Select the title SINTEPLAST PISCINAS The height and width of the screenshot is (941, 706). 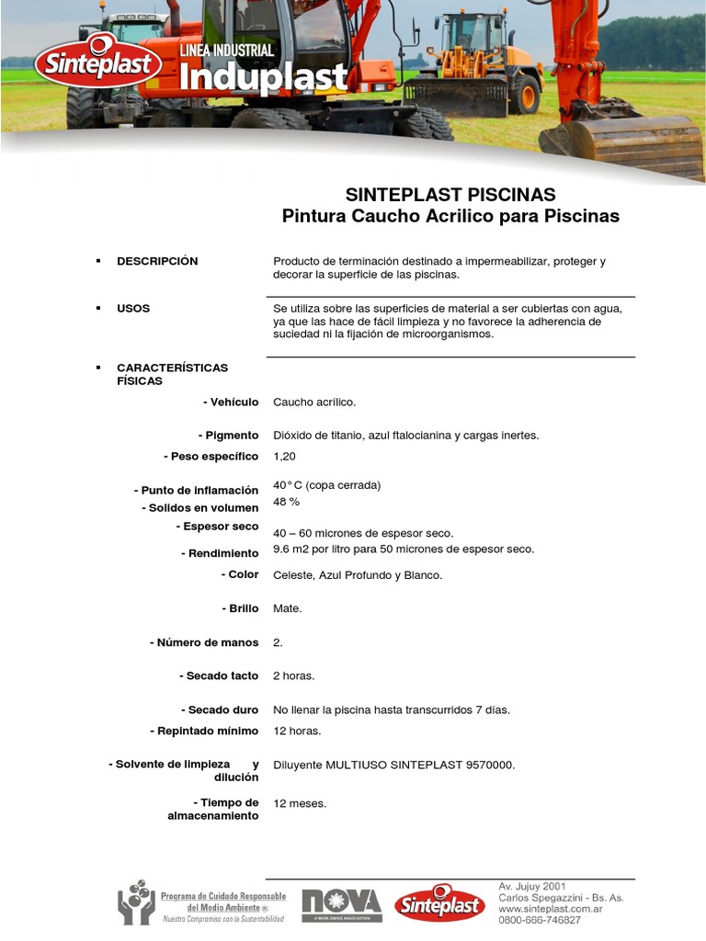(450, 195)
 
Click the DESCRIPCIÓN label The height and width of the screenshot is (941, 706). (157, 261)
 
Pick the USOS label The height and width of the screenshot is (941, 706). (133, 308)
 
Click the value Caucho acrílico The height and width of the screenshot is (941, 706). (314, 402)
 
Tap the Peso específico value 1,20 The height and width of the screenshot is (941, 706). (285, 456)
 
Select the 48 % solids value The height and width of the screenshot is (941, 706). (287, 502)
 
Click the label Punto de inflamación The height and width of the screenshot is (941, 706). (196, 491)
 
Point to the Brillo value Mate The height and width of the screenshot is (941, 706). (288, 608)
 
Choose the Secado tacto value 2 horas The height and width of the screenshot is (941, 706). (294, 675)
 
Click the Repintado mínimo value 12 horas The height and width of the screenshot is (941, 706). (297, 731)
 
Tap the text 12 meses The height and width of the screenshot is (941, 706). (300, 803)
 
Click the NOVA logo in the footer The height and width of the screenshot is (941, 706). (341, 905)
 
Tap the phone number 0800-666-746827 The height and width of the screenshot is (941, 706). (540, 919)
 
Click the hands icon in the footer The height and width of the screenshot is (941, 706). (136, 902)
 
